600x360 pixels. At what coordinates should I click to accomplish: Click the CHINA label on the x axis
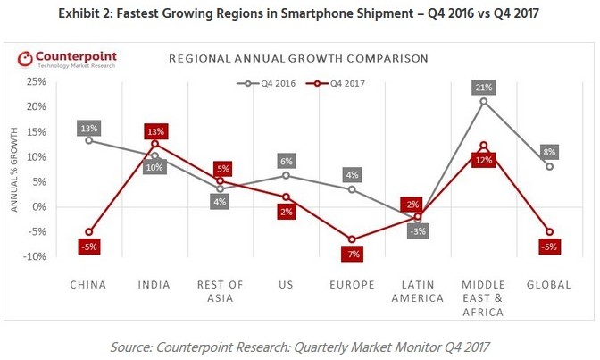(87, 286)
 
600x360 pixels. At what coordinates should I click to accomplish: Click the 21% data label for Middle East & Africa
(484, 87)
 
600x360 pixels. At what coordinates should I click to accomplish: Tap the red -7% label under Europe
(352, 255)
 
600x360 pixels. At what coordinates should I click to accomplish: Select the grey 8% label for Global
(549, 151)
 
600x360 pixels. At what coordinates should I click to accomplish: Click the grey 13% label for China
(88, 128)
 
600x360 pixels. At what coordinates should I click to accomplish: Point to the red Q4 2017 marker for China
(88, 232)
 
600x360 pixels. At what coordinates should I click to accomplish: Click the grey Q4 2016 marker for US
(286, 175)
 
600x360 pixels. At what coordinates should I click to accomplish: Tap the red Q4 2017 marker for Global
(549, 232)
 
